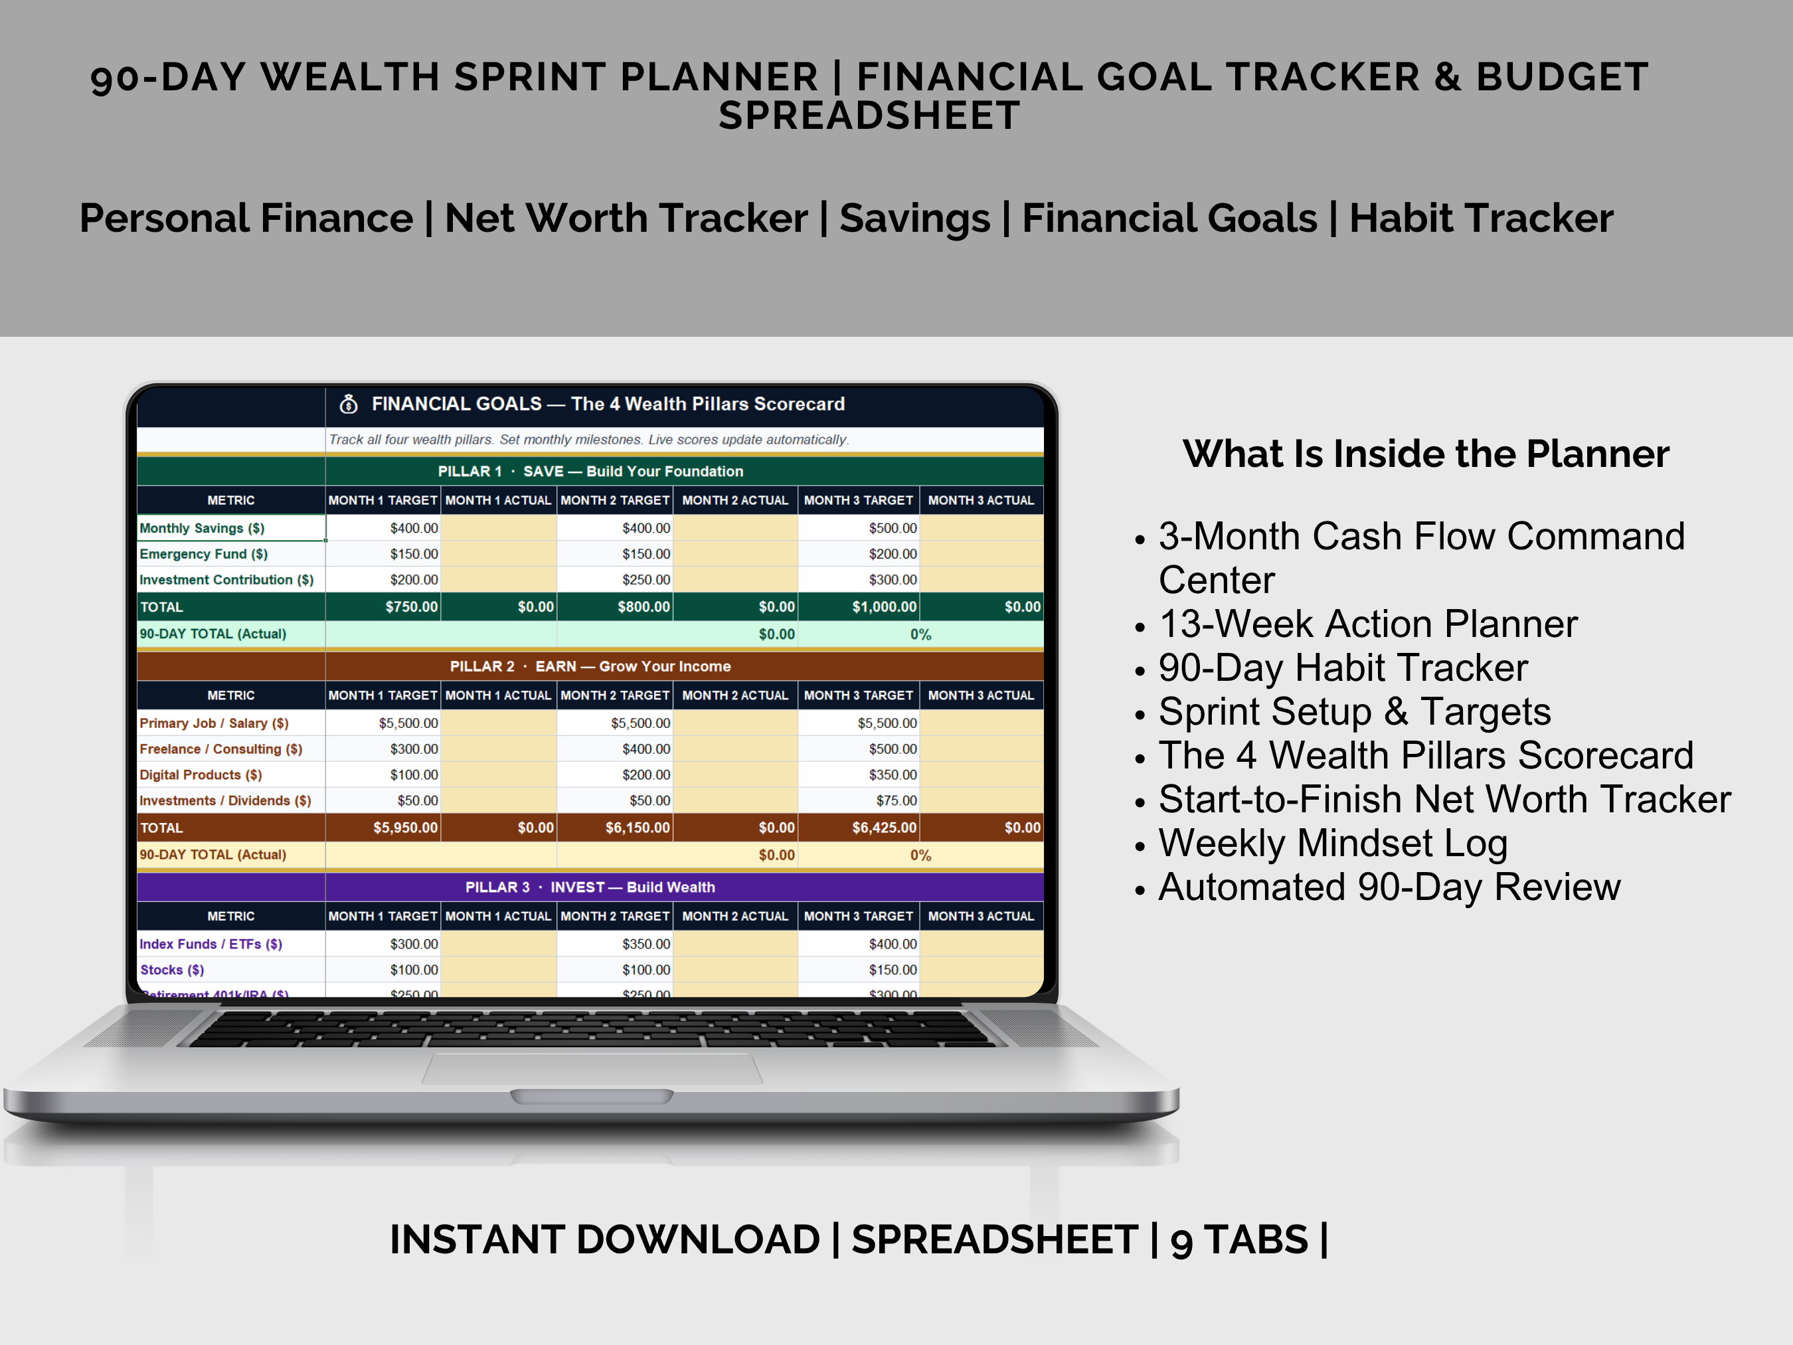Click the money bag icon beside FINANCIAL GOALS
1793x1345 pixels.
(349, 404)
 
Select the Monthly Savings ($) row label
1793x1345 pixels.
(202, 528)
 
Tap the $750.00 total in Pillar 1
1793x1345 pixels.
(411, 606)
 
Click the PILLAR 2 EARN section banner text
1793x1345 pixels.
(590, 666)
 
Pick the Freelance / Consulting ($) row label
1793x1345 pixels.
(220, 749)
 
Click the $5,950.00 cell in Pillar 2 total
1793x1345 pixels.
(404, 828)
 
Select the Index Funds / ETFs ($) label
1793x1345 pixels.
(211, 944)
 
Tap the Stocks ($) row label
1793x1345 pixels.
(172, 970)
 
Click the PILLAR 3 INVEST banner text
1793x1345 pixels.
(590, 887)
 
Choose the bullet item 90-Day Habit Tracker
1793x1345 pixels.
(1342, 668)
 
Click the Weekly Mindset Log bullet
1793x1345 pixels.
(1333, 843)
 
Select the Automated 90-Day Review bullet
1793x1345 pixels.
(1389, 887)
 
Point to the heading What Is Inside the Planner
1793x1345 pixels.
(1425, 454)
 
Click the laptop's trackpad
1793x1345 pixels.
(592, 1069)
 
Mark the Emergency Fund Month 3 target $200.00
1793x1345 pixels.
(893, 554)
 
